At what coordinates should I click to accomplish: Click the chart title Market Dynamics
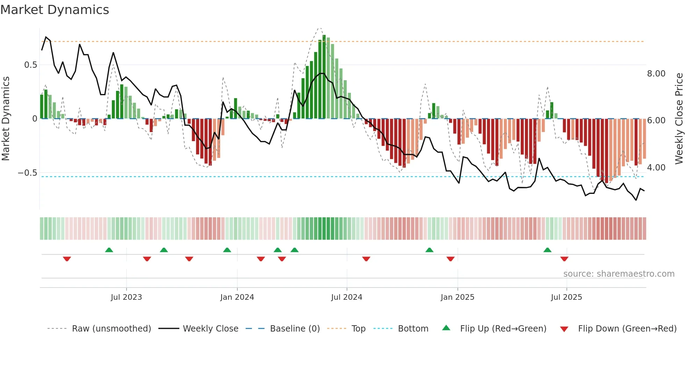pyautogui.click(x=55, y=10)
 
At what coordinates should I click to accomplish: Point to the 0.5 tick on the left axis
pyautogui.click(x=30, y=65)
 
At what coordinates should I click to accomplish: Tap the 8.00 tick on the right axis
pyautogui.click(x=656, y=74)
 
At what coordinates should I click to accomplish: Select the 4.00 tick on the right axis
pyautogui.click(x=656, y=168)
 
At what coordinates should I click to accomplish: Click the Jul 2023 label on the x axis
pyautogui.click(x=126, y=297)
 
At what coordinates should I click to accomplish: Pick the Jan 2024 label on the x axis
pyautogui.click(x=237, y=297)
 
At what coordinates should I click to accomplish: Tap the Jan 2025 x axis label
pyautogui.click(x=457, y=297)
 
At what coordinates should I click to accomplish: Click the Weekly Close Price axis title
pyautogui.click(x=679, y=119)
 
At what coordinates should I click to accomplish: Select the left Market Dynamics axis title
pyautogui.click(x=6, y=119)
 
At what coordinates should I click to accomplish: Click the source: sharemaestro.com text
pyautogui.click(x=619, y=274)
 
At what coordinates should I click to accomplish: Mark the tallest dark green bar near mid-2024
pyautogui.click(x=324, y=77)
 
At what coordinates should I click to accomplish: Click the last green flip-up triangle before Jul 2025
pyautogui.click(x=547, y=250)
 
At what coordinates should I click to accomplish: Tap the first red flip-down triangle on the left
pyautogui.click(x=67, y=259)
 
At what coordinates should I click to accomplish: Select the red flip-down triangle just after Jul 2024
pyautogui.click(x=366, y=259)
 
